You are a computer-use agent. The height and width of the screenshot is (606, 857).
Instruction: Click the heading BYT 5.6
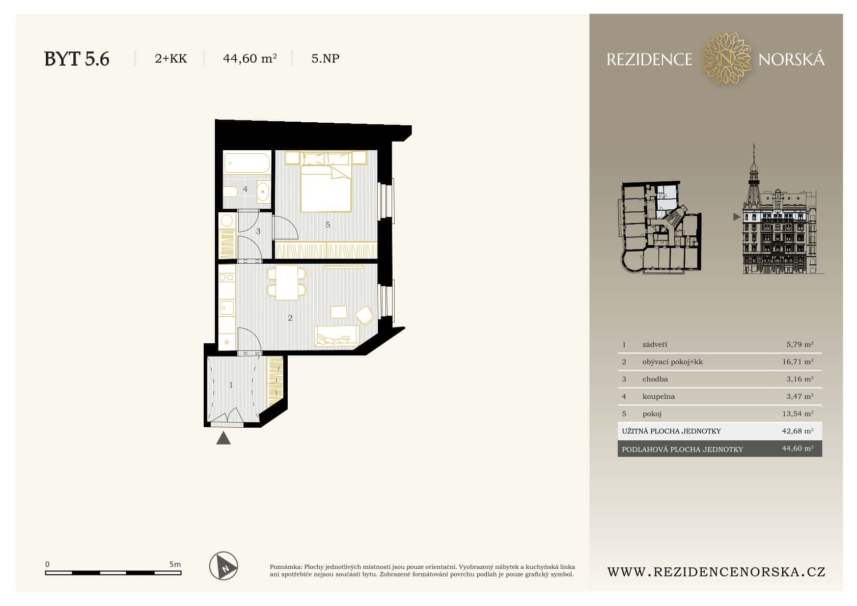click(77, 59)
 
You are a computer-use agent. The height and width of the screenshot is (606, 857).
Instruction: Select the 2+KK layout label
click(171, 59)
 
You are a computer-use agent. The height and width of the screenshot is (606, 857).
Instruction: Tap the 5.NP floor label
click(325, 59)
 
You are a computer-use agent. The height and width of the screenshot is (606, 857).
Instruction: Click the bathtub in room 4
click(247, 163)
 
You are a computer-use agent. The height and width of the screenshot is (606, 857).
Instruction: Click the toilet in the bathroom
click(230, 192)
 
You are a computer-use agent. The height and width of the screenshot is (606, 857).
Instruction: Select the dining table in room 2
click(287, 282)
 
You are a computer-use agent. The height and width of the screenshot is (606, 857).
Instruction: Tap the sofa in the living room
click(337, 336)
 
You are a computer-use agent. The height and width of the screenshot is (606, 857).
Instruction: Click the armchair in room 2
click(365, 315)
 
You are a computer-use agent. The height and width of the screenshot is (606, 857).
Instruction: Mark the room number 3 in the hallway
click(258, 232)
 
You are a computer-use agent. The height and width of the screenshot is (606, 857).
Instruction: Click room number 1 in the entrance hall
click(231, 385)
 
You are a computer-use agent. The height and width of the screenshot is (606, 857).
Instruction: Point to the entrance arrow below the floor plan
click(223, 438)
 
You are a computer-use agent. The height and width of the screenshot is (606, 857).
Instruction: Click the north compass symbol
click(224, 566)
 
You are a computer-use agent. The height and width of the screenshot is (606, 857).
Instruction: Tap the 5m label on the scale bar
click(175, 564)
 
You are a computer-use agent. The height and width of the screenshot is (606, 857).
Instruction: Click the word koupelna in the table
click(658, 397)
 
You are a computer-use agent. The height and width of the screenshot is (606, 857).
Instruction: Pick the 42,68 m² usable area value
click(797, 431)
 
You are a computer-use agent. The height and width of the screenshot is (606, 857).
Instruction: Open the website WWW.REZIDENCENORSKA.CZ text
click(716, 572)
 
